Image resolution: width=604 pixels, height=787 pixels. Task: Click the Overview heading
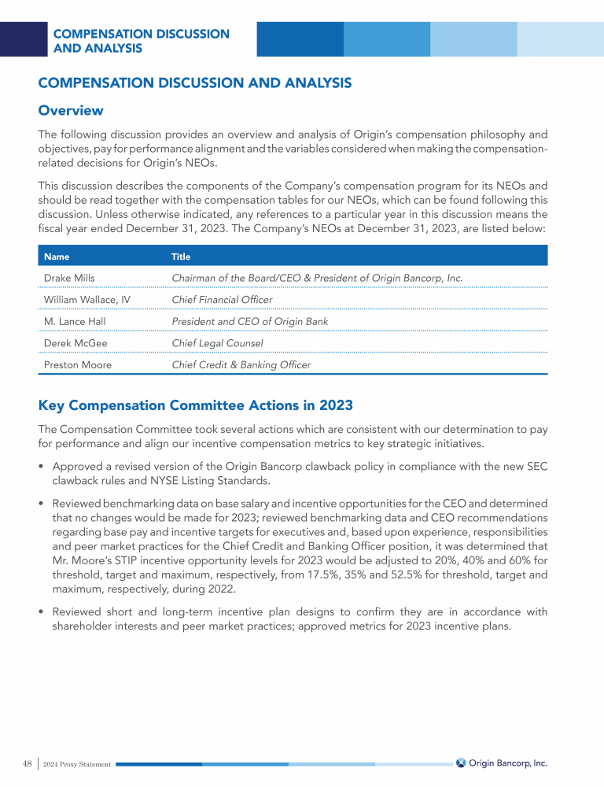pos(71,110)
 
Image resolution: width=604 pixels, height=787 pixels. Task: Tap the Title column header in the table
pos(181,257)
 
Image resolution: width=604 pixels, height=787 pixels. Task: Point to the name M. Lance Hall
pos(75,321)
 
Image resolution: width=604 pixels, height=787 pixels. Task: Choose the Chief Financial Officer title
pos(222,300)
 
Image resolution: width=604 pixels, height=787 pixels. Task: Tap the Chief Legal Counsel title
pos(216,343)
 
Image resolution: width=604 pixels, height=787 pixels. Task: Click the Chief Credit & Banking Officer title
pos(241,365)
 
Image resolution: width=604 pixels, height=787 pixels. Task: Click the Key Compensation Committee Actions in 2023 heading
pos(196,406)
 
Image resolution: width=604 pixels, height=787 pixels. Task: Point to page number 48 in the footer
pos(27,763)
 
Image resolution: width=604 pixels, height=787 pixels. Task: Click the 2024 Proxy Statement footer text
pos(78,764)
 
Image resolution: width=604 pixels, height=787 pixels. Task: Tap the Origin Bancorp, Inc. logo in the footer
pos(502,763)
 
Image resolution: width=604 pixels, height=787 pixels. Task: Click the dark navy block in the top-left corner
pos(24,39)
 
